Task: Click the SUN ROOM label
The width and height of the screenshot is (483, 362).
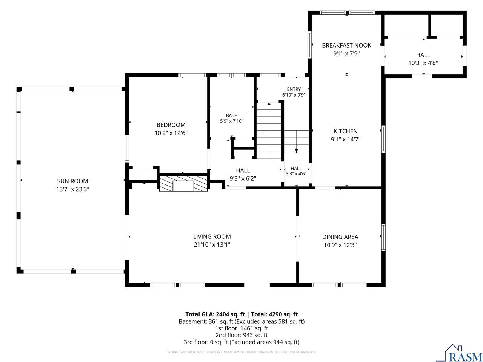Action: [72, 181]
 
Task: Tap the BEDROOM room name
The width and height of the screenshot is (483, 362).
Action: [171, 125]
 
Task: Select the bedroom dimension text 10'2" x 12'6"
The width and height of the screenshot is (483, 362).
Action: [171, 133]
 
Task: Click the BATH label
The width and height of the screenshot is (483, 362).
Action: [231, 115]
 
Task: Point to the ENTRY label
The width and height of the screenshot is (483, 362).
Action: [294, 89]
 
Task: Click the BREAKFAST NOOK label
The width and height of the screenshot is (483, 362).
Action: [346, 45]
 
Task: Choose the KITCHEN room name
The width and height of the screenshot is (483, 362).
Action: [346, 131]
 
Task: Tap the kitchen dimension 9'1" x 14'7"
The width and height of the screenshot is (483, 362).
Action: [346, 139]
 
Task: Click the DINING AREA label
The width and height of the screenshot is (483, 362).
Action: [340, 237]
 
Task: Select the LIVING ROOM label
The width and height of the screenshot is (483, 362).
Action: [212, 236]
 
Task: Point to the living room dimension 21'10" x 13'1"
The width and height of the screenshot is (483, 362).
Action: [212, 245]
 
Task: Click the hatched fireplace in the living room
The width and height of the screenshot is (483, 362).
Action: [183, 183]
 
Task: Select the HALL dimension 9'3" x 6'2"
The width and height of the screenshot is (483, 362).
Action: [243, 178]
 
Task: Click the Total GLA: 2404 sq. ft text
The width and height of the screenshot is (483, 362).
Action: [215, 314]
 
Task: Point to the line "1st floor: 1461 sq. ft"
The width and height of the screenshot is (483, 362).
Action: [241, 328]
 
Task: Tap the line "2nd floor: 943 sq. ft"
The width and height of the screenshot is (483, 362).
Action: [241, 335]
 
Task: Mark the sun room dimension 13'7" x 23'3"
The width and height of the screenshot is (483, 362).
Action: [72, 189]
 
